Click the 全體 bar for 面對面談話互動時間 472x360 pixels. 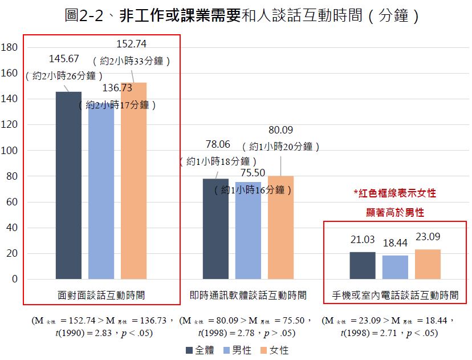pyautogui.click(x=68, y=185)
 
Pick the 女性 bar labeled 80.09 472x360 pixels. pyautogui.click(x=280, y=228)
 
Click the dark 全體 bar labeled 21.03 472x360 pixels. pyautogui.click(x=363, y=265)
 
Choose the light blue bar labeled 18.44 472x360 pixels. pyautogui.click(x=395, y=267)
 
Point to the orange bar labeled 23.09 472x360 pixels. pyautogui.click(x=428, y=264)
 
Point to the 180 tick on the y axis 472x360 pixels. pyautogui.click(x=10, y=47)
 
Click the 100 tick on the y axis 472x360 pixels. pyautogui.click(x=10, y=151)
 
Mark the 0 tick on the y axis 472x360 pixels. pyautogui.click(x=14, y=280)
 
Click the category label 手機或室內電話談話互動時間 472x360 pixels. pyautogui.click(x=395, y=296)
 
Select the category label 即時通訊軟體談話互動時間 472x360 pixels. pyautogui.click(x=248, y=296)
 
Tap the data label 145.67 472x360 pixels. pyautogui.click(x=64, y=59)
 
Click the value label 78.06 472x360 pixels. pyautogui.click(x=218, y=144)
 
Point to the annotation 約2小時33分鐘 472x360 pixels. pyautogui.click(x=132, y=59)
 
